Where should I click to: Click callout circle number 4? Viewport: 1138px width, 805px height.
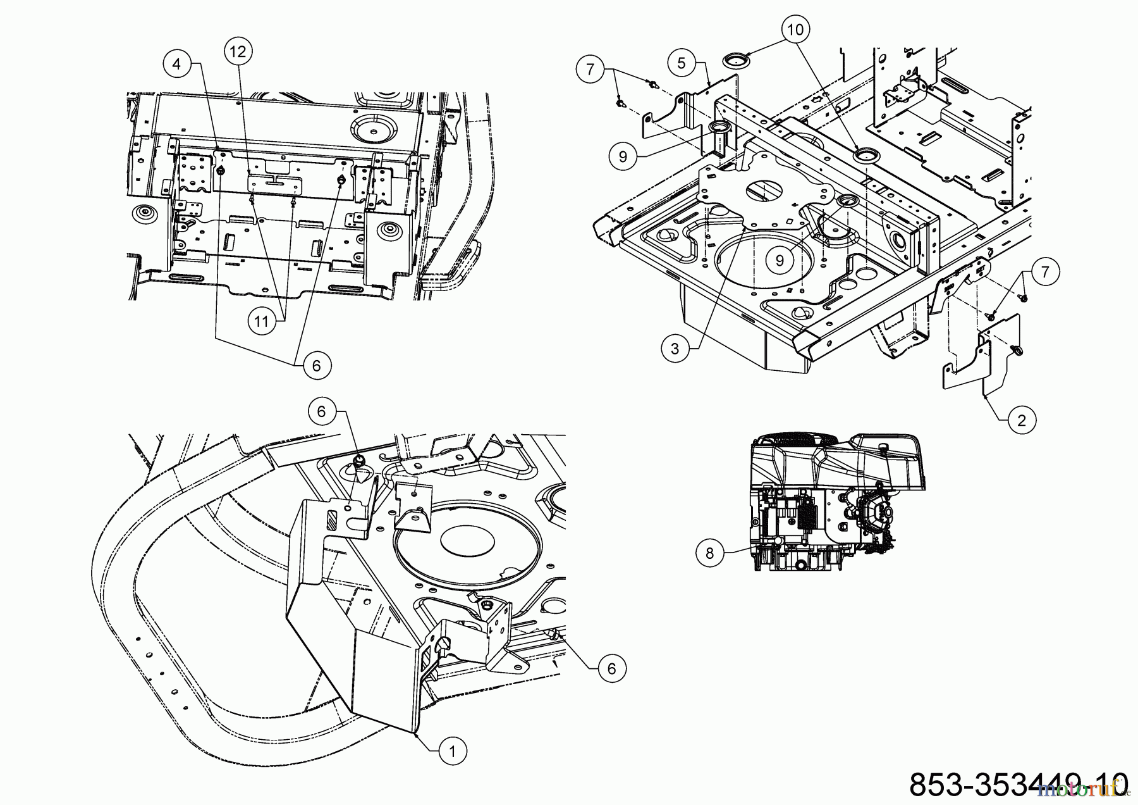pos(177,64)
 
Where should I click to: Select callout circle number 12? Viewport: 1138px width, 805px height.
pos(238,52)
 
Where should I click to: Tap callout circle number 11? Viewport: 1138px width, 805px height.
pos(261,321)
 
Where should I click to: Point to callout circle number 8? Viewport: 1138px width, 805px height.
pos(710,553)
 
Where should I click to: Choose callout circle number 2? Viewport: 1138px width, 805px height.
pos(1022,420)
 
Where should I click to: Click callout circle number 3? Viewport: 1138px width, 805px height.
pos(675,349)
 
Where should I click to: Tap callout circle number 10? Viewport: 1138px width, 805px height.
pos(795,29)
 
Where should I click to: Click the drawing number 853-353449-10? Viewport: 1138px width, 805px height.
pos(1018,783)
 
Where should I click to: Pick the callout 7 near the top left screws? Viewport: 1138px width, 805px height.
pos(590,68)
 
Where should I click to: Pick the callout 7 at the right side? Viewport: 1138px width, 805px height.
pos(1046,271)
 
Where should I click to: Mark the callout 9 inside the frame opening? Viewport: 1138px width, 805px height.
pos(780,259)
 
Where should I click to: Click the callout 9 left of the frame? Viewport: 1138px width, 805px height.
pos(623,156)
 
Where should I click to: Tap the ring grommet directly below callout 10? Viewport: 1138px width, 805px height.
pos(735,61)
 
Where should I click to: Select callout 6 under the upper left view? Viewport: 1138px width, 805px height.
pos(317,365)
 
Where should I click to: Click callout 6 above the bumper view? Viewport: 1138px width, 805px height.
pos(322,412)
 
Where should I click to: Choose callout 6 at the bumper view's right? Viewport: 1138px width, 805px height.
pos(611,668)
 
